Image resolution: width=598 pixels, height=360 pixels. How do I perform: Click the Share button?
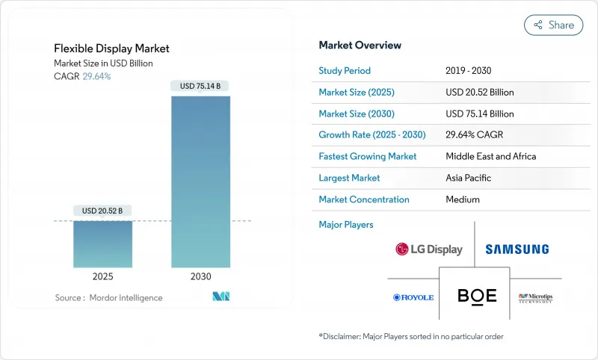click(x=553, y=25)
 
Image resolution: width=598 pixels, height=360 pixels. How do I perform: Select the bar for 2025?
click(x=102, y=243)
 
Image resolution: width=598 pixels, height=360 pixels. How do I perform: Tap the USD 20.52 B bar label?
click(x=102, y=211)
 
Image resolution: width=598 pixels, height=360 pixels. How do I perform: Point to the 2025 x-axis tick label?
click(x=102, y=276)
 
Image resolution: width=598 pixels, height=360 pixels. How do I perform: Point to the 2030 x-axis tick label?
click(x=200, y=276)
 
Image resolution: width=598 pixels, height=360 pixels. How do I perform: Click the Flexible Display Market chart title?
click(x=111, y=49)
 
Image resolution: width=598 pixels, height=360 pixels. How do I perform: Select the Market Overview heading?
click(x=360, y=46)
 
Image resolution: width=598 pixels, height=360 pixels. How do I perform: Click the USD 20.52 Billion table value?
click(x=479, y=93)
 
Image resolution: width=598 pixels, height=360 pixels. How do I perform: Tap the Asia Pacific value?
click(x=469, y=178)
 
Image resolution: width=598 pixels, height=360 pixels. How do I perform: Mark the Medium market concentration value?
click(x=462, y=199)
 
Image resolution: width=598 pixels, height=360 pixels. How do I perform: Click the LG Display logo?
click(x=429, y=249)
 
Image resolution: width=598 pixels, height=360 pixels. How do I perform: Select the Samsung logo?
click(x=517, y=249)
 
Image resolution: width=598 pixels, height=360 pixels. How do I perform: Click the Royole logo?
click(x=413, y=297)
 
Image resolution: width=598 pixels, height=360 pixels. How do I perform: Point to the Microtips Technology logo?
click(x=535, y=297)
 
